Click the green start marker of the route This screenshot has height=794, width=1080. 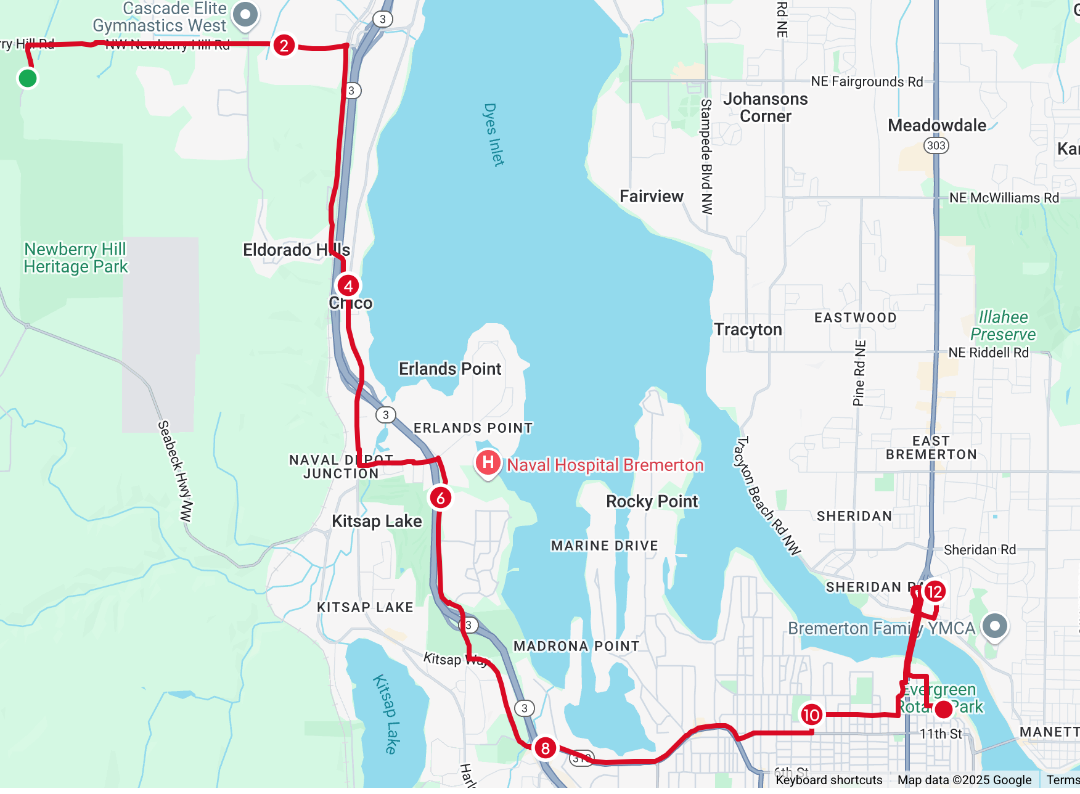[x=27, y=78]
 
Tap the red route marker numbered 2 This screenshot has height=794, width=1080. [x=284, y=45]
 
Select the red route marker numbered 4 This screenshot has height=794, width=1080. [x=348, y=286]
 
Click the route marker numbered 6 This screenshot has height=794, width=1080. [x=440, y=498]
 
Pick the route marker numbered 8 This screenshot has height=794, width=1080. [x=545, y=748]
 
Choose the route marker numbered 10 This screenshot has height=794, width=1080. [x=811, y=715]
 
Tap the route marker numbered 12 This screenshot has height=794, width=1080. [x=935, y=592]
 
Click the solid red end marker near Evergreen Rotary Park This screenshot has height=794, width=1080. [x=943, y=710]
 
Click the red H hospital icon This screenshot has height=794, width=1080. [x=488, y=462]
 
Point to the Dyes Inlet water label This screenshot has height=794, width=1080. [x=494, y=134]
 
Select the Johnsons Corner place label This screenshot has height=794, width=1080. [x=765, y=107]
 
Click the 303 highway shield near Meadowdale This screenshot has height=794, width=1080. [x=936, y=145]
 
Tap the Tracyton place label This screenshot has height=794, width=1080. [x=748, y=330]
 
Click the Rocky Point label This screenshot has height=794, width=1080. [x=652, y=501]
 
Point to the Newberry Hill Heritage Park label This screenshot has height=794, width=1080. [x=75, y=258]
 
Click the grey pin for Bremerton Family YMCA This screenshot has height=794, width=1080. [x=994, y=626]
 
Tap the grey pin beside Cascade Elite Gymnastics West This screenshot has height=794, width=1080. [x=245, y=15]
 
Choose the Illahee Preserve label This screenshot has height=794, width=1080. [x=1003, y=325]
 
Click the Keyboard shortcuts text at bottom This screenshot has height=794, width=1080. [x=828, y=780]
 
